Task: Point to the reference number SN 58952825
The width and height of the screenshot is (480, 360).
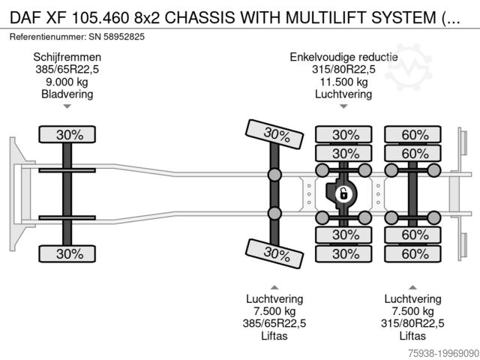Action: (112, 36)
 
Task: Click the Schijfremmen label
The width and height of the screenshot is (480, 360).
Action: (67, 57)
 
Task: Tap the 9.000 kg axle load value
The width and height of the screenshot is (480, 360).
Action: (67, 82)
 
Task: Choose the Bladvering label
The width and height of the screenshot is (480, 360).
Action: (67, 94)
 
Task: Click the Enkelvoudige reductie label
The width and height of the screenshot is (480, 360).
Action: (345, 57)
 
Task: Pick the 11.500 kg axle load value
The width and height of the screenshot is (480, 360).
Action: (345, 82)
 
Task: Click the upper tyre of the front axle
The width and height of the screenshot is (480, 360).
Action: (67, 135)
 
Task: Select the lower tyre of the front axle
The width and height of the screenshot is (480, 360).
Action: (67, 253)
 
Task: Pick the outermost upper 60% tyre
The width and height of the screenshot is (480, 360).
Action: (415, 135)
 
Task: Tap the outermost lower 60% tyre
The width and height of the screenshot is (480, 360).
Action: (415, 253)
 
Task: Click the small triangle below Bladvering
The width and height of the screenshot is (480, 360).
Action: (67, 106)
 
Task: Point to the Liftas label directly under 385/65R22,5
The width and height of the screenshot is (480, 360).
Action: (274, 336)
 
